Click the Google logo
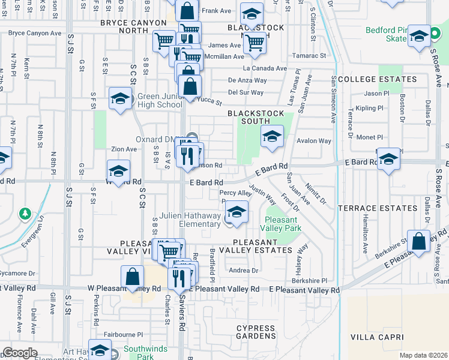pyautogui.click(x=19, y=353)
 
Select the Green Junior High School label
pyautogui.click(x=160, y=100)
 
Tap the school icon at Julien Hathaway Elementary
pyautogui.click(x=237, y=212)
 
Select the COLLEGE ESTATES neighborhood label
pyautogui.click(x=377, y=79)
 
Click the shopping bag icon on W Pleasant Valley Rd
pyautogui.click(x=132, y=277)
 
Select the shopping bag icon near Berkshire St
pyautogui.click(x=418, y=242)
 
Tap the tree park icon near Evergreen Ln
pyautogui.click(x=25, y=213)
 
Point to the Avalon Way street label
pyautogui.click(x=314, y=141)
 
